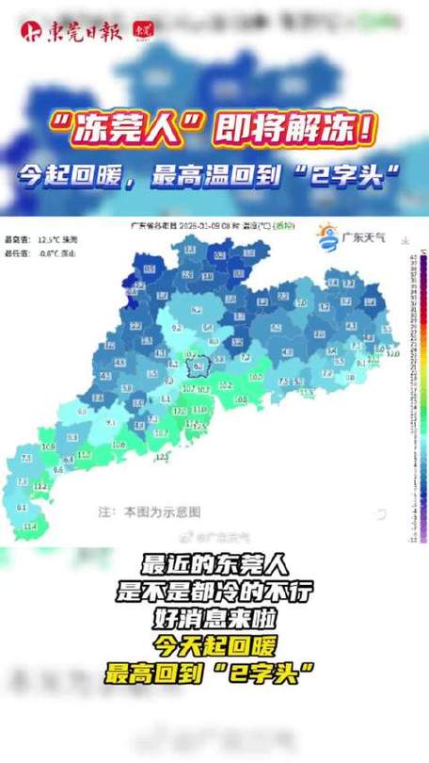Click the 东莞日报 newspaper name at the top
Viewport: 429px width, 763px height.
pos(84,30)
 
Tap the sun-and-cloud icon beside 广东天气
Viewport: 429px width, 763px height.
pos(326,236)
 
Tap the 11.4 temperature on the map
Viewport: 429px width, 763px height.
pos(30,526)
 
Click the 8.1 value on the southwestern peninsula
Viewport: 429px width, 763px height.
pos(22,507)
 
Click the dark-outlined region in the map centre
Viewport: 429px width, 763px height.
pos(197,367)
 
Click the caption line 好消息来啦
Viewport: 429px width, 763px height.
pos(214,619)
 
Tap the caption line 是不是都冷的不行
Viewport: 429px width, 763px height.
pos(214,593)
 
